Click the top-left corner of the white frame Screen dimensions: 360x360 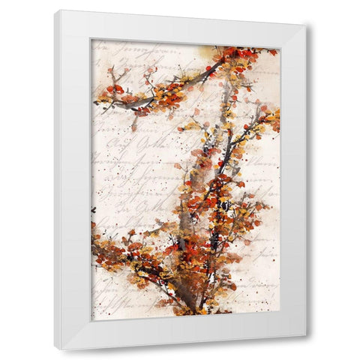[55, 10]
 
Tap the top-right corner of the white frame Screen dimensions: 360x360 [304, 25]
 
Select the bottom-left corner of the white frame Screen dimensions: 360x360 [55, 349]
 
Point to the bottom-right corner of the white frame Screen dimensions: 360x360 [304, 334]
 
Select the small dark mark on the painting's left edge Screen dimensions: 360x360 [94, 211]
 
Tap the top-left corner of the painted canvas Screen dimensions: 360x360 [91, 40]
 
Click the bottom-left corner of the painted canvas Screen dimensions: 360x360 [91, 320]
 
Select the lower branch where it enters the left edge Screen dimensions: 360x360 [95, 240]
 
